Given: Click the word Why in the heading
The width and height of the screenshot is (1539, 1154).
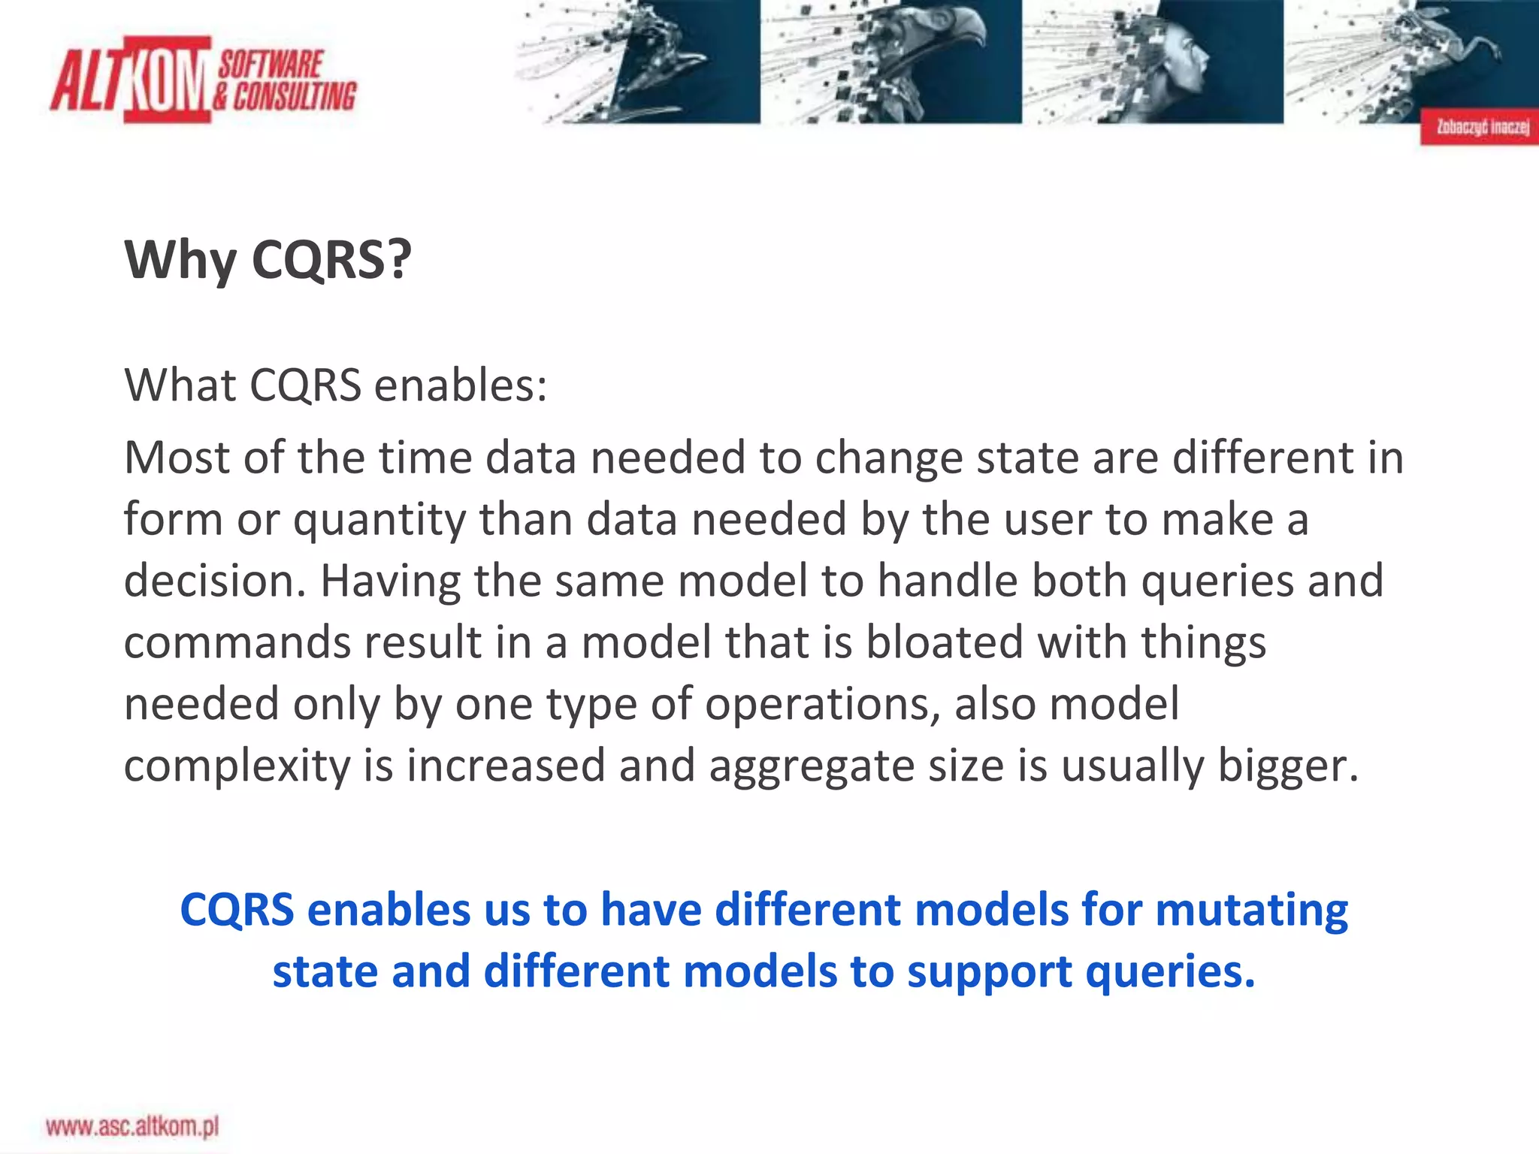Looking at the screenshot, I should [180, 259].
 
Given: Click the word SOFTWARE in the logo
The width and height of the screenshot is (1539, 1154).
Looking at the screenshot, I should [271, 65].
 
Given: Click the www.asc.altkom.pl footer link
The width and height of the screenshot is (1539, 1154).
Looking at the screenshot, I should [132, 1126].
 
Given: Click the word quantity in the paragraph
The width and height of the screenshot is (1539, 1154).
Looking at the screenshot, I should [379, 521].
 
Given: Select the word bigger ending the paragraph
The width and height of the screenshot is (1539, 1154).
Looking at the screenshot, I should [1287, 767].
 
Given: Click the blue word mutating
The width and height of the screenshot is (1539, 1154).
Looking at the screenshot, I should [1251, 911].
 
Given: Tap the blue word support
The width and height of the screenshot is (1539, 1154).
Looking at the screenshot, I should [990, 972].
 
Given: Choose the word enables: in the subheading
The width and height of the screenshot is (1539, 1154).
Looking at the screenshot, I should [460, 385].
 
